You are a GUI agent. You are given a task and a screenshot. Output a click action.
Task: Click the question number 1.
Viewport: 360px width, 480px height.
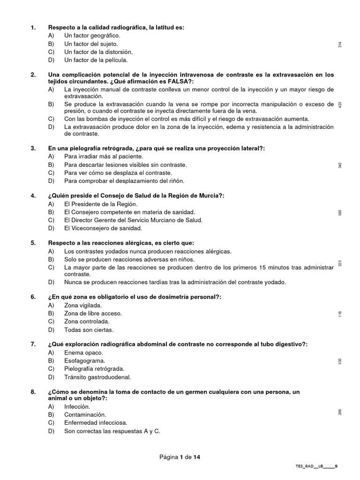[x=33, y=28]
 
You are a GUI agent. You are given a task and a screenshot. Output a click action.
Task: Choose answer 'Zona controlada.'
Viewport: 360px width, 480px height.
[x=87, y=322]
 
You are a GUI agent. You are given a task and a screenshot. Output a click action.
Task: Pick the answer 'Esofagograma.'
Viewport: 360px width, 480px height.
[x=85, y=361]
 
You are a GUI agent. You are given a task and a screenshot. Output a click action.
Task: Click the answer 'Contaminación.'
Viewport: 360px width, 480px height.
[x=85, y=415]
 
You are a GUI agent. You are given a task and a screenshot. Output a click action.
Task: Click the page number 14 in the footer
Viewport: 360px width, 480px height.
[x=196, y=457]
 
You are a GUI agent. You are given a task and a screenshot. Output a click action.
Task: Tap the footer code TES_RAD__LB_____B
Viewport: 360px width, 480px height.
[x=316, y=466]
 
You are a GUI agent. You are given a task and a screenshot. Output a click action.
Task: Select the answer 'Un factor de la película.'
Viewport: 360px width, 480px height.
[x=96, y=60]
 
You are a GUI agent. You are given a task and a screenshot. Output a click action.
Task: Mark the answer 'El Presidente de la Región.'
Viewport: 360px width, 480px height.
[x=101, y=204]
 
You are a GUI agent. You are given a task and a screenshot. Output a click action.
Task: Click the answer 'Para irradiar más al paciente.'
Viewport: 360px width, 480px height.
[x=104, y=156]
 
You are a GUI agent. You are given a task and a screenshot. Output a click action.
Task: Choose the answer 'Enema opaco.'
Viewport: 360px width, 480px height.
[x=83, y=352]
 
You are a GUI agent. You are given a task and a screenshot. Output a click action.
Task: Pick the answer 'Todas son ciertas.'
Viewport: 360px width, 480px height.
[x=88, y=330]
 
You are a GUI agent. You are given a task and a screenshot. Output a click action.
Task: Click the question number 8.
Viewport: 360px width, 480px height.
[x=33, y=392]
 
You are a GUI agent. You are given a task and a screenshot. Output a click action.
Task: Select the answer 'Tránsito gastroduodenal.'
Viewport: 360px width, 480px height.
[x=97, y=377]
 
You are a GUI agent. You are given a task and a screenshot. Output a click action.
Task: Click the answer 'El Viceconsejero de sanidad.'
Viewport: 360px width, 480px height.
[x=103, y=228]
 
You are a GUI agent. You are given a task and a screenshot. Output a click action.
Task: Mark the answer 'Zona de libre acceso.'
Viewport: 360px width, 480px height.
[x=93, y=313]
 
